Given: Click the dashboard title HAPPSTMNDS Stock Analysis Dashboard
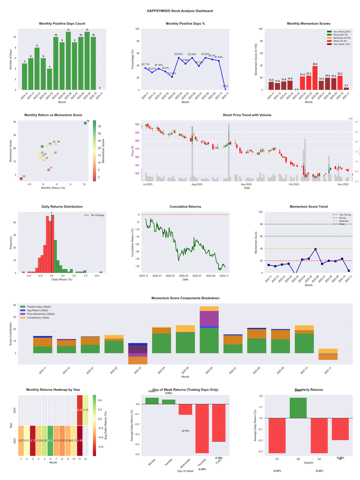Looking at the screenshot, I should [x=180, y=10].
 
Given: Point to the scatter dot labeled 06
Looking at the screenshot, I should [x=85, y=123].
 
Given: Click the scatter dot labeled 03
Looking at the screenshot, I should [x=21, y=179].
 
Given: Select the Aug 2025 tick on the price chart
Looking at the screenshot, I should [x=197, y=185].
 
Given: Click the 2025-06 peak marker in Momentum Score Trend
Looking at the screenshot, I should [x=315, y=249].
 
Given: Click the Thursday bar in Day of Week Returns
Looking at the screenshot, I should [x=202, y=428].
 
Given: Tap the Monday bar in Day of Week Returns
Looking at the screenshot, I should [x=152, y=401].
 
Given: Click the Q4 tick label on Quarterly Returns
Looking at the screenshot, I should [x=340, y=458].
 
